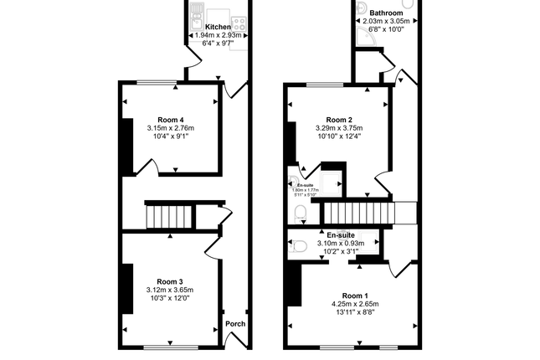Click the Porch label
234,324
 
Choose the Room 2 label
339,119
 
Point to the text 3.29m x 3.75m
339,128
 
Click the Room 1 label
355,296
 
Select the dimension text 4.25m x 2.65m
355,305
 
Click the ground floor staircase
172,217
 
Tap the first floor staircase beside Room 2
368,212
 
